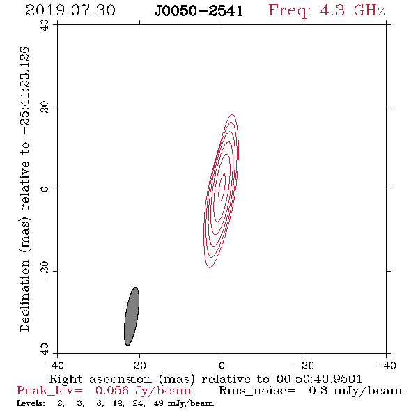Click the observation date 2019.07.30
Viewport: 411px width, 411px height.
[70, 10]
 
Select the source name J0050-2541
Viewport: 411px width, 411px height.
[199, 11]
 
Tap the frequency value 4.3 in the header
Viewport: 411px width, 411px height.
[332, 10]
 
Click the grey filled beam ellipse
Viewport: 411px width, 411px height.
[132, 316]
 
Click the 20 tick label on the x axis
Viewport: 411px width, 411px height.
[139, 366]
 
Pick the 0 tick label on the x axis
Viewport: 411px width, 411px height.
[222, 366]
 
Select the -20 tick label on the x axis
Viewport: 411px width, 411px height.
[304, 366]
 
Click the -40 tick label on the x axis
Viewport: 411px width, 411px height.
[386, 366]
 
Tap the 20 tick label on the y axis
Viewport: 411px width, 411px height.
[45, 107]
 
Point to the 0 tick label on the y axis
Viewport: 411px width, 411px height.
[45, 189]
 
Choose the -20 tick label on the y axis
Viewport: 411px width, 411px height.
[45, 271]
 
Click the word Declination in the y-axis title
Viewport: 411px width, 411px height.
[24, 295]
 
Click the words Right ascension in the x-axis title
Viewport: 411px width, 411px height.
[100, 379]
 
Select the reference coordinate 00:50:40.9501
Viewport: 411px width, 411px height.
[319, 379]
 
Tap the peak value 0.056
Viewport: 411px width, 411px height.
[112, 391]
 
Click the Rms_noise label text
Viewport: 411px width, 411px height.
[257, 391]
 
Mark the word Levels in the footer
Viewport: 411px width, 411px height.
[31, 403]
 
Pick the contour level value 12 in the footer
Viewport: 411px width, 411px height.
[118, 403]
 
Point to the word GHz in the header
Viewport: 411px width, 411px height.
[369, 10]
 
